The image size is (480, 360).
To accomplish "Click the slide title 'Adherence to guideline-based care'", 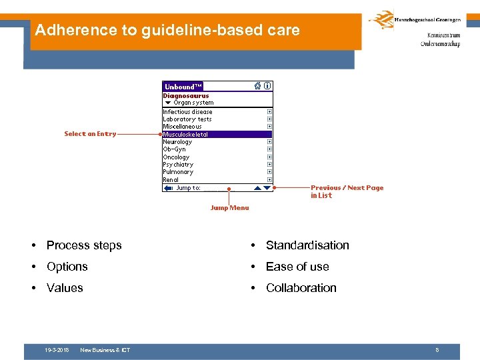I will click(167, 30).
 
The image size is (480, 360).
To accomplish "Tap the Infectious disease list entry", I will click(187, 112).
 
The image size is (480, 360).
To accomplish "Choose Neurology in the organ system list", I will click(177, 142).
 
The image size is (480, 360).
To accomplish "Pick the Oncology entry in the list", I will click(176, 157).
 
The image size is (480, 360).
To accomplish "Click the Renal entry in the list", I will click(171, 179).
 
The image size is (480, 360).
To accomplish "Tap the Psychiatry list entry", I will click(178, 165).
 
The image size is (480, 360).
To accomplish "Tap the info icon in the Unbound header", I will click(267, 86).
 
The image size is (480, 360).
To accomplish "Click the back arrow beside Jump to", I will click(168, 188).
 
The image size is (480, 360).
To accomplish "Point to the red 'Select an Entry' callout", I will click(90, 134).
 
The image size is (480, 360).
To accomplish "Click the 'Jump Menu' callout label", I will click(229, 208).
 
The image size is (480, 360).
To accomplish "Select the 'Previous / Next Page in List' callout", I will click(347, 192).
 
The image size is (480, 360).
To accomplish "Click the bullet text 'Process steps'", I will click(84, 245).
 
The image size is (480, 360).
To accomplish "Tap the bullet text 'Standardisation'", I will click(307, 245).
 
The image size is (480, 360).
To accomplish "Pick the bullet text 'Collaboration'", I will click(301, 288).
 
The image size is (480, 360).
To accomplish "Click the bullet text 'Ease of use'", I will click(297, 267).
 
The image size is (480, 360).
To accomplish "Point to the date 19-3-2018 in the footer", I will click(57, 350).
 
